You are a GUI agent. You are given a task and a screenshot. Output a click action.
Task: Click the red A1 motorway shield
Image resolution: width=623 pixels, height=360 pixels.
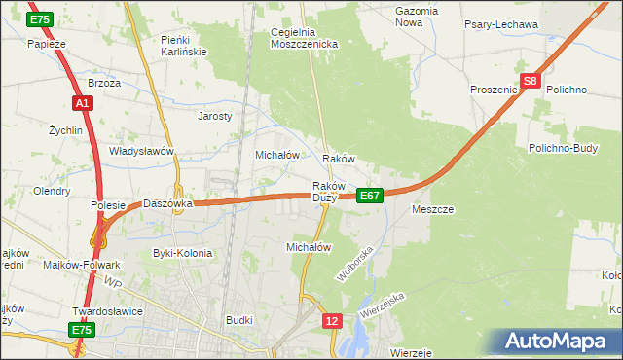[x=82, y=102]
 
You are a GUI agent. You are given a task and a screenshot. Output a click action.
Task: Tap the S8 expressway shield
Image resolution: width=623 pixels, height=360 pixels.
[x=529, y=83]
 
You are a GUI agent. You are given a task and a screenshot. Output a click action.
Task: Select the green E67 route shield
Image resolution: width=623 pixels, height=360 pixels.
[x=369, y=196]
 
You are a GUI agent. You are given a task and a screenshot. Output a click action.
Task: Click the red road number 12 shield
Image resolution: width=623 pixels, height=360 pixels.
[x=333, y=320]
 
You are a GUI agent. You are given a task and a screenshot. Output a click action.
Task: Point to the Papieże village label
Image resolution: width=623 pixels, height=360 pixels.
[x=46, y=44]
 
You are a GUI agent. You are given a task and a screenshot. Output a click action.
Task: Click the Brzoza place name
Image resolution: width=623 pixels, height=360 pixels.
[x=104, y=83]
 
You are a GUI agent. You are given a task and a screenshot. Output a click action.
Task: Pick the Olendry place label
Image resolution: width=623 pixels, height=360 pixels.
[x=51, y=191]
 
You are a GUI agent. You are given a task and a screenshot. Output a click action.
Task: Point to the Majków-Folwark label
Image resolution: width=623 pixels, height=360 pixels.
[x=82, y=265]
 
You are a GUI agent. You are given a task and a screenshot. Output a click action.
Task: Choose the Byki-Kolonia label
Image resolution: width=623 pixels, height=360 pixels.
[x=182, y=253]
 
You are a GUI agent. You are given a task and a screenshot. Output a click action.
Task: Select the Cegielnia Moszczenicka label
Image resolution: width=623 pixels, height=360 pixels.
[x=304, y=38]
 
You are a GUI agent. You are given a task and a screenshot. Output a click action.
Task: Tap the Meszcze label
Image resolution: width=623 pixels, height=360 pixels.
[x=433, y=209]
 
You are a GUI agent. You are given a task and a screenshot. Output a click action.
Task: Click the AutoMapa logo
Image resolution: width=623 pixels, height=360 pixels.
[x=561, y=342]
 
